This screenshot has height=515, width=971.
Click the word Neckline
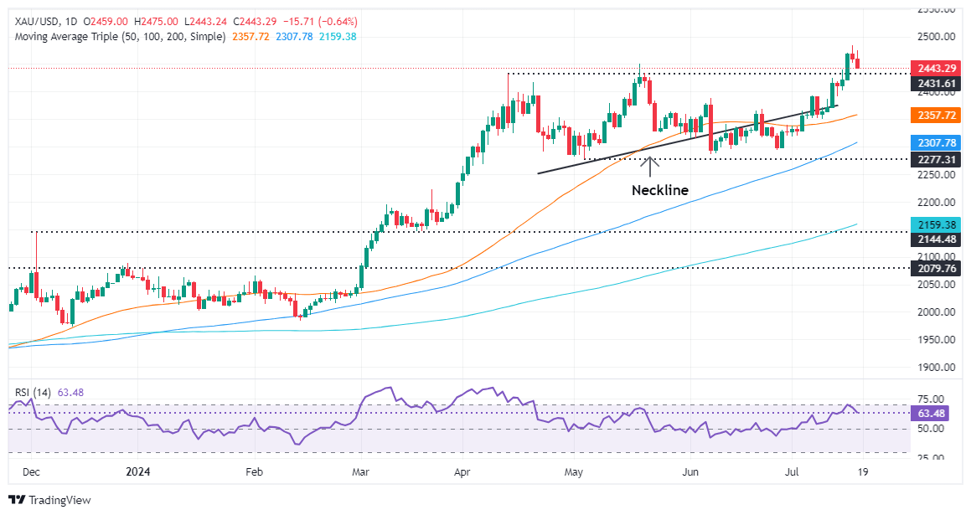(x=659, y=190)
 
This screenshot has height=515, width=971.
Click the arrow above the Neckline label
(x=650, y=164)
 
